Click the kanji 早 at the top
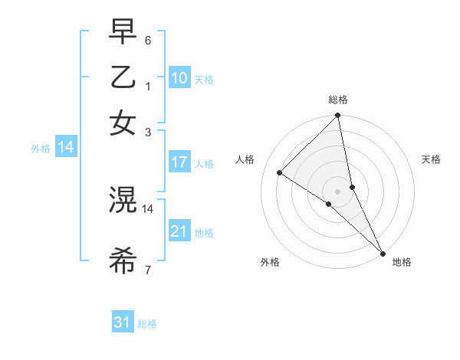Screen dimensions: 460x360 [123, 31]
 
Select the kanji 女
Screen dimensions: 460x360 [123, 123]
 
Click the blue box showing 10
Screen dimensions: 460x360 [179, 78]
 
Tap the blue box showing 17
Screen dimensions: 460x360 [179, 162]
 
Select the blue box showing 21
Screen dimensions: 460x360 [179, 231]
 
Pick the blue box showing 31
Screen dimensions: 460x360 [123, 322]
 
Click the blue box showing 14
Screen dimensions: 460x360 [66, 148]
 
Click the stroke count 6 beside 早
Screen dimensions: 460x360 [147, 40]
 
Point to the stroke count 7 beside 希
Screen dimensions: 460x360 [147, 270]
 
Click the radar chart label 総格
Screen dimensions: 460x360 [338, 100]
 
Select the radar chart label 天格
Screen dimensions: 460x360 [432, 159]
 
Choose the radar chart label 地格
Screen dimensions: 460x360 [402, 262]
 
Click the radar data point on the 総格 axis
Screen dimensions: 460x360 [338, 116]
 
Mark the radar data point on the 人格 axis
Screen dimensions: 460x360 [280, 172]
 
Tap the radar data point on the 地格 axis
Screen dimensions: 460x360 [383, 252]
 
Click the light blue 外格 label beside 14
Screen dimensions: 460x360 [40, 149]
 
